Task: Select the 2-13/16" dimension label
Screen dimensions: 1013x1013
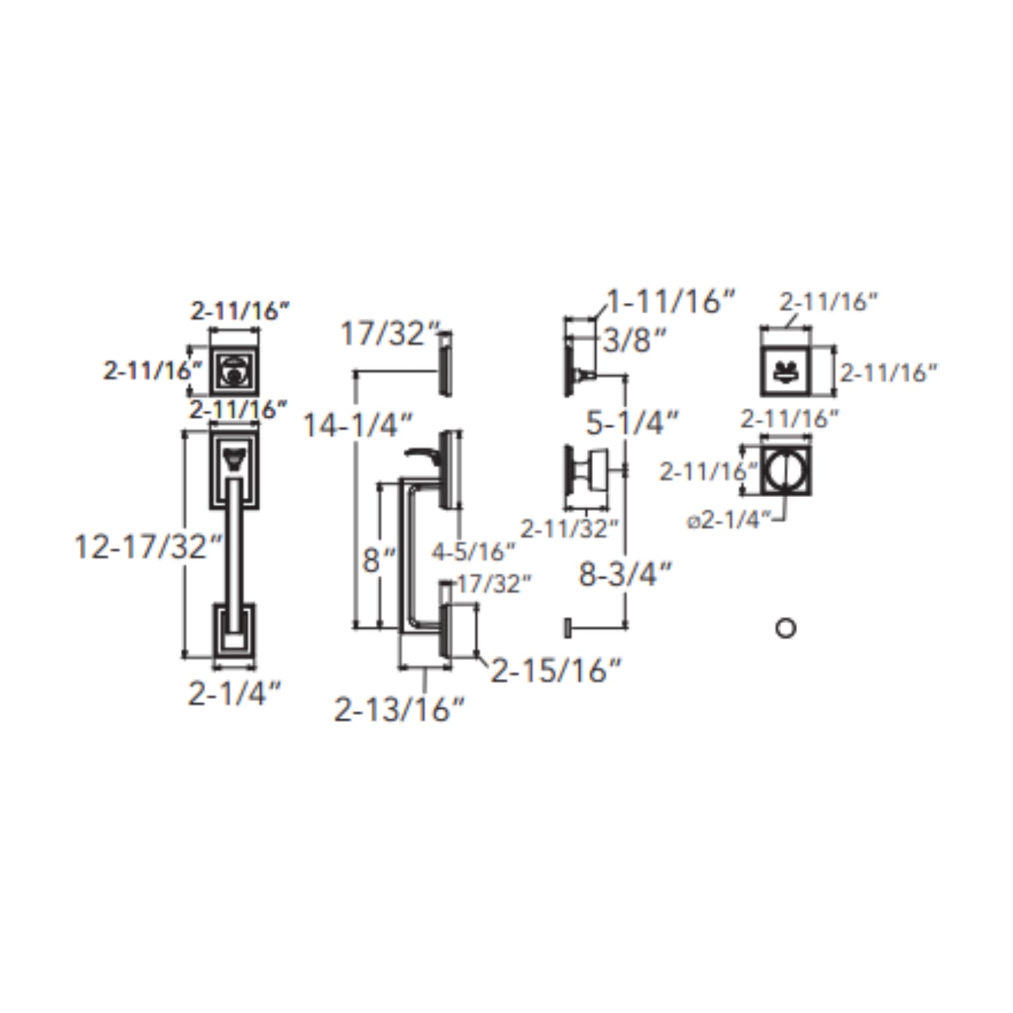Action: (400, 710)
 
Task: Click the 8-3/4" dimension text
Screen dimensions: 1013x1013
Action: (625, 573)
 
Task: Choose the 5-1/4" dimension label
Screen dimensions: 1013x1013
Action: (632, 422)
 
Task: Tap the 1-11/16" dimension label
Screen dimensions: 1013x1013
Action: (671, 301)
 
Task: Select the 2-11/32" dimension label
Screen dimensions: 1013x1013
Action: (569, 529)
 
